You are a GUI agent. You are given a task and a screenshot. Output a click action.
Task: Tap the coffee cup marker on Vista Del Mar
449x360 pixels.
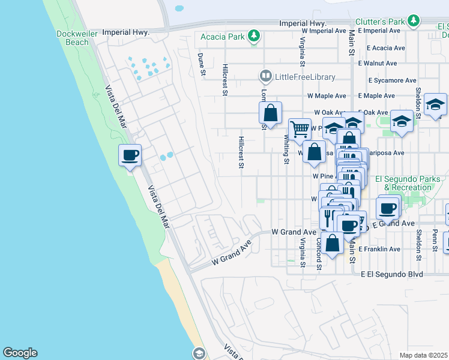(x=130, y=156)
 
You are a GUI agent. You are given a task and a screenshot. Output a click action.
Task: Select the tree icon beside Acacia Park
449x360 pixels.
(x=255, y=37)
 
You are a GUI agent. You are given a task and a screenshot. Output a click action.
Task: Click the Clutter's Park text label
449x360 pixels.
(x=379, y=21)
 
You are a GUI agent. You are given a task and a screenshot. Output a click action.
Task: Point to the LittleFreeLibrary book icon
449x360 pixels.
(x=265, y=76)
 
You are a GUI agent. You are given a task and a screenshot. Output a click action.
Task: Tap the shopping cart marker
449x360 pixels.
(x=299, y=128)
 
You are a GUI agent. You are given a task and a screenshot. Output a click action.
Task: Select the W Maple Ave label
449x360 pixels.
(x=325, y=95)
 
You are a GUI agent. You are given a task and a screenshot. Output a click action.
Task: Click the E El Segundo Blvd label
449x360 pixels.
(x=392, y=274)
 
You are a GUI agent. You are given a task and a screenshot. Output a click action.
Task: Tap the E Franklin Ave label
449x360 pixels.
(x=379, y=248)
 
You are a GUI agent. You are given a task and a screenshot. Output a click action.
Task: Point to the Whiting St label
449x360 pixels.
(x=286, y=148)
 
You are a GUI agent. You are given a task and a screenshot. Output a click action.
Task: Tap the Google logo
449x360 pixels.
(x=20, y=353)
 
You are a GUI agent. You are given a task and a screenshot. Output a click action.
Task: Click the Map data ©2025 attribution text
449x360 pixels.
(x=423, y=355)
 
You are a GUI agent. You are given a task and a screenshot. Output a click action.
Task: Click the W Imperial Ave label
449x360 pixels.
(x=324, y=30)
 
